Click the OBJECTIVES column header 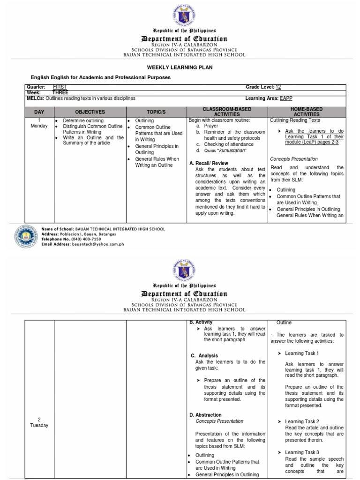point(90,112)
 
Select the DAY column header point(38,112)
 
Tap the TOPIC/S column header point(156,112)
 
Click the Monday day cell point(38,123)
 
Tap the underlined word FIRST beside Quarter point(60,87)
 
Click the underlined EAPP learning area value point(286,98)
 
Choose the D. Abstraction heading point(205,415)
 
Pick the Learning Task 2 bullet point(302,421)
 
